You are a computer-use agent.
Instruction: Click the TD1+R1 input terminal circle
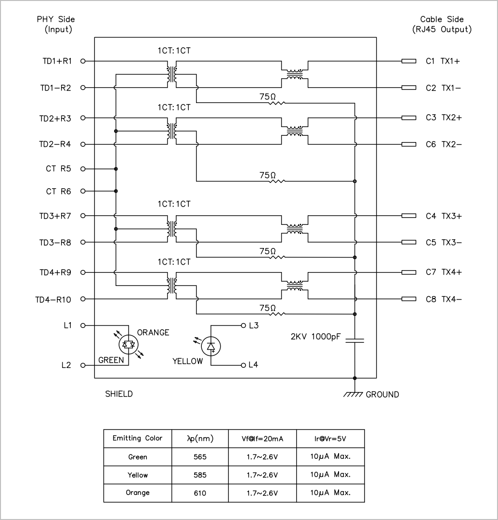[83, 61]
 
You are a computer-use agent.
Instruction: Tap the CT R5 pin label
[58, 169]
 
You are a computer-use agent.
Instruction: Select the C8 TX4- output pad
[409, 299]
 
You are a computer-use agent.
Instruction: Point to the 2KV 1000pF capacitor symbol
[354, 340]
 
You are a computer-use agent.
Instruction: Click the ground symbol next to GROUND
[353, 394]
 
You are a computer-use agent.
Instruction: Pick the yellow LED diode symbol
[210, 347]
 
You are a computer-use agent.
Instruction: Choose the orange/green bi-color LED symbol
[129, 345]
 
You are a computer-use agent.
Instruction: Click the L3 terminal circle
[243, 325]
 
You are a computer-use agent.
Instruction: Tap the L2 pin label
[66, 365]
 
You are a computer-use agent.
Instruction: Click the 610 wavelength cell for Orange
[200, 493]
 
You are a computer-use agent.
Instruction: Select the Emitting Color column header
[137, 439]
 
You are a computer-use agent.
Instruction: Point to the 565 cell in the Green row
[200, 457]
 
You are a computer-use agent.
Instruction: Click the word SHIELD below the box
[119, 394]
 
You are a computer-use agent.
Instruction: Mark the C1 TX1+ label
[443, 61]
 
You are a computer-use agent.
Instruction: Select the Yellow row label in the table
[137, 475]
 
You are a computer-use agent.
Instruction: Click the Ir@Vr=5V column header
[330, 439]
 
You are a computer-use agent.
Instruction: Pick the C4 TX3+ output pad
[409, 216]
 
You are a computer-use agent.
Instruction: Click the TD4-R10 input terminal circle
[83, 299]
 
